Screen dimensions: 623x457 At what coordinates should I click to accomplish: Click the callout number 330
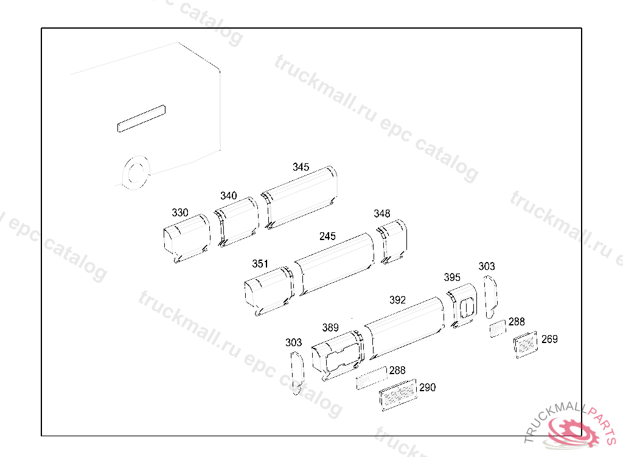180,213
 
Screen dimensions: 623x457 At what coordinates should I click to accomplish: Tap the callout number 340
229,196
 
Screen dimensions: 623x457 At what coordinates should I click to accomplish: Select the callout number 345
301,167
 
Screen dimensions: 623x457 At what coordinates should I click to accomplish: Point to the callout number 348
382,214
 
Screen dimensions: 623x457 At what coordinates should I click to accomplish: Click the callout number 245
327,236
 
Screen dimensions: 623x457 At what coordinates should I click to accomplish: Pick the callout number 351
260,264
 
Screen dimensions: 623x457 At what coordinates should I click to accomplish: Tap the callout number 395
452,277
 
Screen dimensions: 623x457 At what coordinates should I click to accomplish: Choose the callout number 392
397,300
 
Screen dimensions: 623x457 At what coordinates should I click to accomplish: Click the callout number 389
330,328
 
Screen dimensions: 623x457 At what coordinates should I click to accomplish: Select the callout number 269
549,339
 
